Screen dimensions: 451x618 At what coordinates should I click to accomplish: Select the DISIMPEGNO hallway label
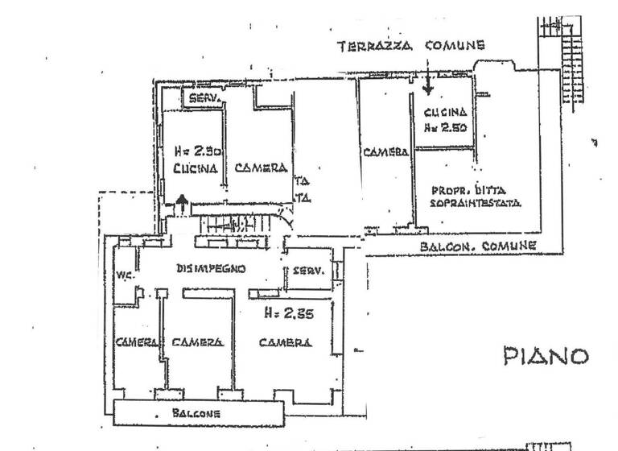(x=210, y=269)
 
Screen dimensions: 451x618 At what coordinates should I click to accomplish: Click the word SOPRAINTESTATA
(x=476, y=204)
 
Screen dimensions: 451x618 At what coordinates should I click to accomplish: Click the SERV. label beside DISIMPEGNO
(x=308, y=271)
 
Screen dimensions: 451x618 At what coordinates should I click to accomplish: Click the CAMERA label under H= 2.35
(x=286, y=342)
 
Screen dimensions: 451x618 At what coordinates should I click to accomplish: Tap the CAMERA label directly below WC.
(x=136, y=342)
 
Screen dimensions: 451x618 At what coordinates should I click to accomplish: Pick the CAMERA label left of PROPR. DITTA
(x=385, y=151)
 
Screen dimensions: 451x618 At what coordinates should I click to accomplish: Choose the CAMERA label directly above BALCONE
(x=196, y=342)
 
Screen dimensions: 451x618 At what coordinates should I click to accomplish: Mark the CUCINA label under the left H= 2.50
(x=196, y=168)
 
